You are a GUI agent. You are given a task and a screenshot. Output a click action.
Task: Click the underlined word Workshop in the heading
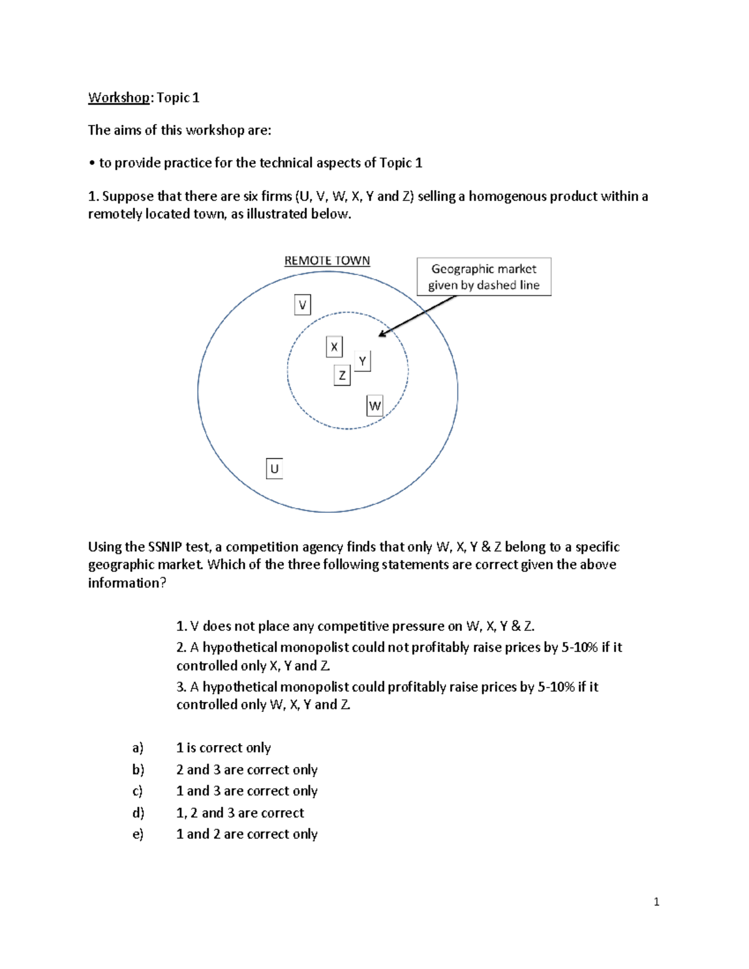tap(119, 97)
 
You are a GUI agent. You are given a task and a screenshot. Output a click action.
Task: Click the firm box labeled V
tap(303, 305)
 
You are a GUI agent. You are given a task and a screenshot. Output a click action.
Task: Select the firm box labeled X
tap(335, 347)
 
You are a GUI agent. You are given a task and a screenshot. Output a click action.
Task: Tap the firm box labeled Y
tap(363, 361)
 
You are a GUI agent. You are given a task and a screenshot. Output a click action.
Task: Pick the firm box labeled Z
tap(342, 376)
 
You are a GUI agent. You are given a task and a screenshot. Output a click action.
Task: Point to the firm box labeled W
tap(374, 406)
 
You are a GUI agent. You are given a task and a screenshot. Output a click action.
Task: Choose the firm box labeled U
tap(275, 469)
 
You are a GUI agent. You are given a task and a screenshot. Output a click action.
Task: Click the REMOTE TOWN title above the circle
tap(327, 261)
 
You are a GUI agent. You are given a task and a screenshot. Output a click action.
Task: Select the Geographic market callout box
tap(484, 277)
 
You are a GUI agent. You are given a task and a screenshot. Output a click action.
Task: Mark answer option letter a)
tap(138, 747)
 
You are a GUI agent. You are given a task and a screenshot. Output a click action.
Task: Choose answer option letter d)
tap(138, 812)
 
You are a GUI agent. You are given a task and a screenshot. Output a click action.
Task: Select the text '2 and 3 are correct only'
tap(247, 769)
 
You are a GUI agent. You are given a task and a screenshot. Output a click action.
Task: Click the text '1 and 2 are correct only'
tap(247, 834)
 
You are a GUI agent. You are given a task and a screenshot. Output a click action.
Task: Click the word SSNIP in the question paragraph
tap(165, 547)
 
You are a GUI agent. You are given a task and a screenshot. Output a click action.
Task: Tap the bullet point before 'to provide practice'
tap(91, 163)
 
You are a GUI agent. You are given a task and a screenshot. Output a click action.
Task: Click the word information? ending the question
tap(127, 583)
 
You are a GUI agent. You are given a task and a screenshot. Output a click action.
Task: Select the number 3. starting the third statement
tap(181, 687)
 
